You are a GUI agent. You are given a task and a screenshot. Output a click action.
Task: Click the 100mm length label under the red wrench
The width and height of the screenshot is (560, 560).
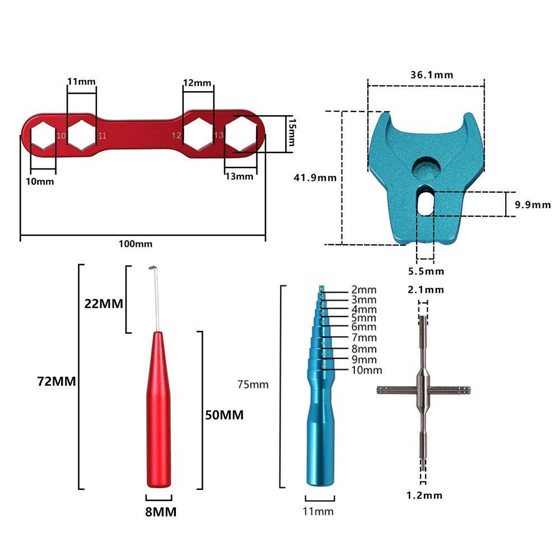pyautogui.click(x=135, y=244)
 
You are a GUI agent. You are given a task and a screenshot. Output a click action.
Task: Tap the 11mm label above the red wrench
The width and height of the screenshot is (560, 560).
pyautogui.click(x=81, y=82)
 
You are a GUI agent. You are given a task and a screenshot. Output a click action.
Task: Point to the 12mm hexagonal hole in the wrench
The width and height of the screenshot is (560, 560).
pyautogui.click(x=197, y=134)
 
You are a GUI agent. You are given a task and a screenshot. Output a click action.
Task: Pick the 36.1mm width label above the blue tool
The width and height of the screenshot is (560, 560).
pyautogui.click(x=432, y=74)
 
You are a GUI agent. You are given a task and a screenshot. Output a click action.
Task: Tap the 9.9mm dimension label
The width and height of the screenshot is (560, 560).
pyautogui.click(x=533, y=205)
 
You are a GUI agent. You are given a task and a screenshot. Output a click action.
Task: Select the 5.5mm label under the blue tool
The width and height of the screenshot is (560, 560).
pyautogui.click(x=426, y=272)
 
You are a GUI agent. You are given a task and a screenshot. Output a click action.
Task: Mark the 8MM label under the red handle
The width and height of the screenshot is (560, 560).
pyautogui.click(x=160, y=511)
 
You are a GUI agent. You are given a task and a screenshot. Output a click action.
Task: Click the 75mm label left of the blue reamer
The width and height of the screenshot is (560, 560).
pyautogui.click(x=253, y=385)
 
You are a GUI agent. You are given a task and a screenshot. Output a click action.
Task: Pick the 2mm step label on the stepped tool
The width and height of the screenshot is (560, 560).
pyautogui.click(x=364, y=290)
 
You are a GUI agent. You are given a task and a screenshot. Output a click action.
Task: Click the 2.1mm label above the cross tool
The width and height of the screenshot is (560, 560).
pyautogui.click(x=426, y=290)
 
